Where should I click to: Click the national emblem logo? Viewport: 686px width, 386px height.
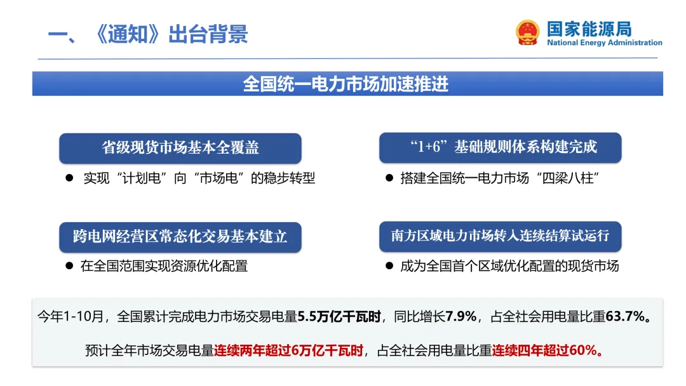point(528,32)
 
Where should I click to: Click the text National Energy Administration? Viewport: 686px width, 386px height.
point(604,43)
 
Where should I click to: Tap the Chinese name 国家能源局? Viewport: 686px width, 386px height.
point(589,29)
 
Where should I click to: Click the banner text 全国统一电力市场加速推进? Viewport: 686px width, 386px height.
point(346,84)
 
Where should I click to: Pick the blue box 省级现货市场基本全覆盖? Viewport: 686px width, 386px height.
point(180,148)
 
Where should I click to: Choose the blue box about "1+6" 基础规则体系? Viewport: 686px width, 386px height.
point(500,148)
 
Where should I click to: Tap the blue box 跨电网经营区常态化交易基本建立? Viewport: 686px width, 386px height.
point(180,237)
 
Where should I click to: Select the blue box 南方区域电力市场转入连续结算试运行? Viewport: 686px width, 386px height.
point(500,236)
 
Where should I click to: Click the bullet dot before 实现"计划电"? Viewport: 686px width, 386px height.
point(70,178)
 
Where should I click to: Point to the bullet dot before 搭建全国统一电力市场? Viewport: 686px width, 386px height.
point(389,178)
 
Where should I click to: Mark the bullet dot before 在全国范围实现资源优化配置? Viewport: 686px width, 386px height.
point(70,266)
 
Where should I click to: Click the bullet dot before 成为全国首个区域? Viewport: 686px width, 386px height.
point(389,266)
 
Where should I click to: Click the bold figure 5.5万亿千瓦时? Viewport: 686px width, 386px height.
point(342,316)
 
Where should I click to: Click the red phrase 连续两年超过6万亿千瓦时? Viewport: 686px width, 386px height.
point(288,350)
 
